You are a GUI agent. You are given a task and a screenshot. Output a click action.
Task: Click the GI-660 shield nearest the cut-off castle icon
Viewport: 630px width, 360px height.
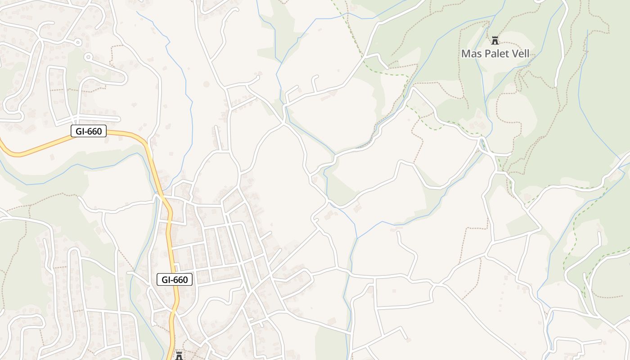tap(175, 279)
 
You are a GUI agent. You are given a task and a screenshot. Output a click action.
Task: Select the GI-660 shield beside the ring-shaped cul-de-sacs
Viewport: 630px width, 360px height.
tap(89, 131)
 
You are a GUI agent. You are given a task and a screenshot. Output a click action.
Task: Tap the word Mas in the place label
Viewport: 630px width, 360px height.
tap(471, 54)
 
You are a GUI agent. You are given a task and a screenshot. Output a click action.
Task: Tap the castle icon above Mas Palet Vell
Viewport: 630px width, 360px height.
tap(495, 40)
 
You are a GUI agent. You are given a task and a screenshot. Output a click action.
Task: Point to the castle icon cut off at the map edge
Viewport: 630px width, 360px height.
tap(179, 356)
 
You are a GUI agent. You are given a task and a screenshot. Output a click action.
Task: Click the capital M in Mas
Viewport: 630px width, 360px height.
tap(466, 54)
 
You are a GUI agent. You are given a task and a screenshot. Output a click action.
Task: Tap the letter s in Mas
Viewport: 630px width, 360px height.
tap(478, 54)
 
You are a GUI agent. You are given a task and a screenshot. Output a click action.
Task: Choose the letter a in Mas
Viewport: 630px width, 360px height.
tap(473, 54)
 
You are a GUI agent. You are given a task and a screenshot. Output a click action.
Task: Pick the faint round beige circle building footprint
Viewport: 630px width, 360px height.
tap(207, 84)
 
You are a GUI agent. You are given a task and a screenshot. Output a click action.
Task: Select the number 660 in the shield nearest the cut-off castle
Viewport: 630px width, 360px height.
tap(180, 279)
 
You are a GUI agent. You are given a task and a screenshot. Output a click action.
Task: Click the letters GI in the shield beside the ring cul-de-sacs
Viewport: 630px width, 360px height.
tap(78, 131)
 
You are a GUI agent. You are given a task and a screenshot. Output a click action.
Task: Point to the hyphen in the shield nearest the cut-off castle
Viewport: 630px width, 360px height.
tap(173, 279)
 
